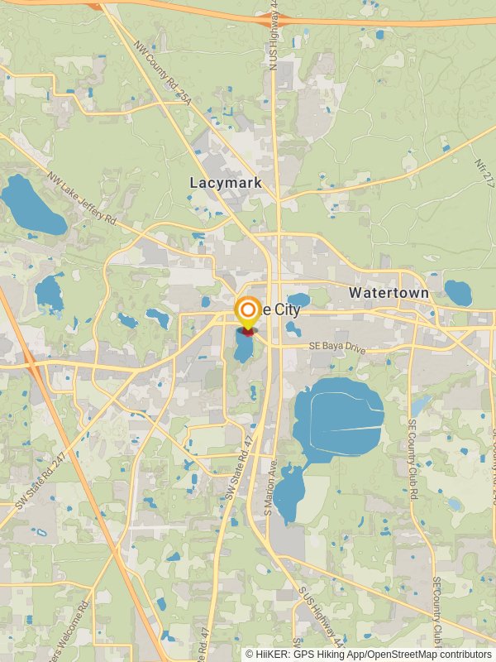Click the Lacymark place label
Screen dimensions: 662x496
click(x=226, y=182)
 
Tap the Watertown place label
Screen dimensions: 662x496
click(x=389, y=293)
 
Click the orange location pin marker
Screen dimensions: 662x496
click(x=247, y=312)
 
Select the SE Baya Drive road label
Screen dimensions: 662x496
click(x=336, y=348)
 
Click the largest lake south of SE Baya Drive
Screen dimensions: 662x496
click(x=338, y=418)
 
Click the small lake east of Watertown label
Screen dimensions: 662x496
click(x=457, y=292)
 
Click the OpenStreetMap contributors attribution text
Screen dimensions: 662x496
click(x=422, y=654)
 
